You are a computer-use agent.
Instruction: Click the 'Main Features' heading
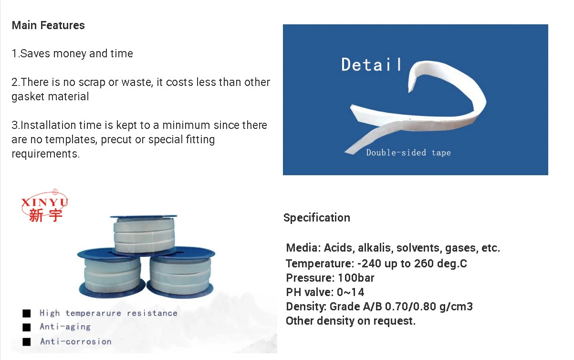click(x=48, y=25)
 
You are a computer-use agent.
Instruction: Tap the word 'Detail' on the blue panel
click(x=371, y=64)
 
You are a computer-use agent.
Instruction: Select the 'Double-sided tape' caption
click(x=408, y=153)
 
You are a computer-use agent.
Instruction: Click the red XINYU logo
click(x=44, y=206)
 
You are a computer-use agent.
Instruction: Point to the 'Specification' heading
click(x=317, y=218)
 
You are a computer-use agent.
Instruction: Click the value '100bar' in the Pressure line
click(x=356, y=278)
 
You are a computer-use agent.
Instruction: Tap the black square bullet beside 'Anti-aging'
click(x=27, y=327)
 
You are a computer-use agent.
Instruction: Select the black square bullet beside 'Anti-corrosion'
click(x=27, y=342)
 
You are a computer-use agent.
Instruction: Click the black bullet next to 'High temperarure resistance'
click(x=27, y=313)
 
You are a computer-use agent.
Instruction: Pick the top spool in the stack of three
click(x=144, y=234)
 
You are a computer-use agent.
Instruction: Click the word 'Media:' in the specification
click(x=303, y=248)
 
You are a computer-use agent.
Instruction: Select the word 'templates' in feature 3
click(x=71, y=139)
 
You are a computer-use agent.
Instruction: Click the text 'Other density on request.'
click(x=351, y=321)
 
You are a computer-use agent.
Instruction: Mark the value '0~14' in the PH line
click(x=350, y=292)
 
